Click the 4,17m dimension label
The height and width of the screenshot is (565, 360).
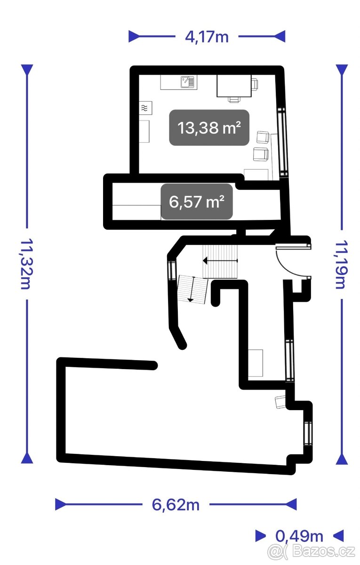coord(207,37)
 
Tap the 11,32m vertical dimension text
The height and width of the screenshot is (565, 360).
coord(26,263)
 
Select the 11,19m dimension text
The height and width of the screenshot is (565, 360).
coord(342,264)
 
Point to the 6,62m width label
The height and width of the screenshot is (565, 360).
coord(176,505)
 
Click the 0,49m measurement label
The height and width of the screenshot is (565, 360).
coord(299,536)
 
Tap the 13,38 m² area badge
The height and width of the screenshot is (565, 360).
coord(209,128)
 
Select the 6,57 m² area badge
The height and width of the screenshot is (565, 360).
coord(197,202)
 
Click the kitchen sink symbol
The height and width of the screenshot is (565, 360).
coord(188,82)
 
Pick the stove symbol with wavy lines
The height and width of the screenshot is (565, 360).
coord(145,108)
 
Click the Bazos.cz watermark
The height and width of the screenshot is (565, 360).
coord(312,551)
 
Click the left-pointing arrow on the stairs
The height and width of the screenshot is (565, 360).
coord(220,260)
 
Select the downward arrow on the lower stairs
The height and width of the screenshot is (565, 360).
coord(192,289)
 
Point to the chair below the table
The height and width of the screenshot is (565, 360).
coord(234,100)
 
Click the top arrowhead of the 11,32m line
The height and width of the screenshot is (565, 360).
coord(27,70)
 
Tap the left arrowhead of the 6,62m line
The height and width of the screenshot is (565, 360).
coord(61,504)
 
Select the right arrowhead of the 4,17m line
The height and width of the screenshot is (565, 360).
coord(280,36)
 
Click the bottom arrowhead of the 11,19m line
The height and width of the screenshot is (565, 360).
coord(342,459)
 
